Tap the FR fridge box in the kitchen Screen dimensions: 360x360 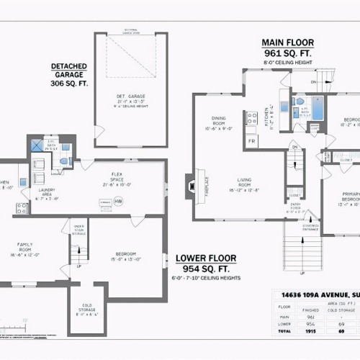click(252, 141)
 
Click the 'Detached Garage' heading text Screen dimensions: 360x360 click(69, 74)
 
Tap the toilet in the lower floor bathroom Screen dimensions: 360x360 click(64, 161)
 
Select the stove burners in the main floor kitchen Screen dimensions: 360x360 click(252, 118)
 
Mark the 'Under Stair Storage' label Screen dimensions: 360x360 click(79, 230)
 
